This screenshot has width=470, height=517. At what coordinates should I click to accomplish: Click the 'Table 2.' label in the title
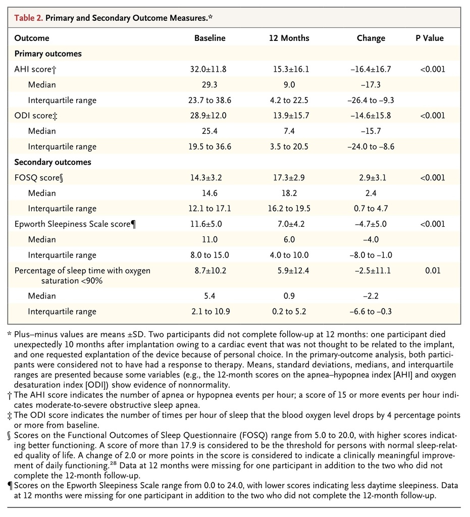(x=28, y=18)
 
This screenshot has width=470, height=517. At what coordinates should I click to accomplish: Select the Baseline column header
(x=210, y=38)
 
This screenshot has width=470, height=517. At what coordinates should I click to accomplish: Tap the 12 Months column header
(x=289, y=38)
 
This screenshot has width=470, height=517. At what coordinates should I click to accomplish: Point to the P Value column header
(x=430, y=38)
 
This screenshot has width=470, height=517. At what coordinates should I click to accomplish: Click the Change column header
(x=371, y=38)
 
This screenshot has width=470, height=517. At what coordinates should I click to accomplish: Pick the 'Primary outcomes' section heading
(x=48, y=54)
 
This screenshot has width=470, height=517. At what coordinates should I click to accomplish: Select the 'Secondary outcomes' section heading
(x=53, y=162)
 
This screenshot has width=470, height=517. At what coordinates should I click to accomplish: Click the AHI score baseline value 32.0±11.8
(x=208, y=69)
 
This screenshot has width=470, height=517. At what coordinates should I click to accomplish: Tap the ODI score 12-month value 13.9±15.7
(x=291, y=116)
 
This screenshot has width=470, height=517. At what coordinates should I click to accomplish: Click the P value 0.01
(x=433, y=271)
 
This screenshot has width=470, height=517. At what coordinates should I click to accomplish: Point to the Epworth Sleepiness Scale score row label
(x=75, y=224)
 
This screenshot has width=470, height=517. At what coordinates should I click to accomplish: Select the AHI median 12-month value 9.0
(x=289, y=85)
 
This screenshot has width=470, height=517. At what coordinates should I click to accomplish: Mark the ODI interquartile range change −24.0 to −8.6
(x=371, y=147)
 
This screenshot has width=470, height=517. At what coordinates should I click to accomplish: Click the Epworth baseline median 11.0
(x=210, y=240)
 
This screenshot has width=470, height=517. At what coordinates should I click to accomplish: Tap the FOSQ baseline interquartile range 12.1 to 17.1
(x=210, y=209)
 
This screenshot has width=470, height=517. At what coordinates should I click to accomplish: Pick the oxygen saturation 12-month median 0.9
(x=289, y=296)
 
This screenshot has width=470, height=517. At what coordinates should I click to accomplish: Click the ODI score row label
(x=36, y=116)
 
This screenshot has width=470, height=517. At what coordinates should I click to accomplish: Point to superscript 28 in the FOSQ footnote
(x=113, y=464)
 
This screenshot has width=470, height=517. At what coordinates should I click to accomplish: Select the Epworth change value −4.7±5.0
(x=371, y=224)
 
